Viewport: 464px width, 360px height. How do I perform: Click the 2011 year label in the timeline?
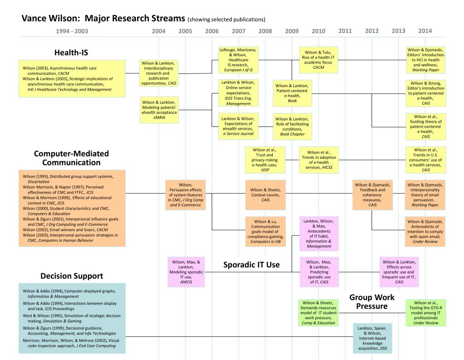[345, 31]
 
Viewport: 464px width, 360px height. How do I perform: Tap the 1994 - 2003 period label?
[72, 31]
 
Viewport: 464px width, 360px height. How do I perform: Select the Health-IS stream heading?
[71, 53]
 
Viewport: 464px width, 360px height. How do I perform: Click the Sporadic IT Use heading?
[251, 265]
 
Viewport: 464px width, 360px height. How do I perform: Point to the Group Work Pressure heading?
[372, 302]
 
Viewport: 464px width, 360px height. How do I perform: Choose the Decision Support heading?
[72, 276]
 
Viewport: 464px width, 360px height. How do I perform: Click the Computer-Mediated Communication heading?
[72, 158]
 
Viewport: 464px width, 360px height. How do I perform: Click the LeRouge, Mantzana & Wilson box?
[238, 60]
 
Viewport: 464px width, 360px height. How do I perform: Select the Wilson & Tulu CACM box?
[318, 60]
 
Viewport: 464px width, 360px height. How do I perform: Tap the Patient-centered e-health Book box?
[292, 93]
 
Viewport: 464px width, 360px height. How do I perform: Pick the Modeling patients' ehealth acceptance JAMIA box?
[159, 110]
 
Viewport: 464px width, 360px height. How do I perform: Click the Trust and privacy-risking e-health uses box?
[265, 160]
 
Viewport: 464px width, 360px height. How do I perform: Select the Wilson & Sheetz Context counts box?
[265, 195]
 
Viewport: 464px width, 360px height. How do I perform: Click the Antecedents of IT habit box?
[319, 233]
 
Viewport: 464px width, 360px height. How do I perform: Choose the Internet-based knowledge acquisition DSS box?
[372, 338]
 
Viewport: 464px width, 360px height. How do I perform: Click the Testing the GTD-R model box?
[425, 313]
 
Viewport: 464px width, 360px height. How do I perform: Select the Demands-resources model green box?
[318, 313]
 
